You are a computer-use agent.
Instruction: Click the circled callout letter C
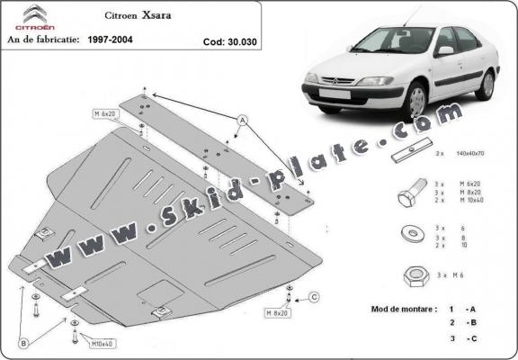coord(313,298)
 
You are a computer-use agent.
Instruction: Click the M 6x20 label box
coord(105,114)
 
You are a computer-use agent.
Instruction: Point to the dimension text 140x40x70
coord(475,155)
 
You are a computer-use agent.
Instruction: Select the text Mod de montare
coord(405,309)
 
